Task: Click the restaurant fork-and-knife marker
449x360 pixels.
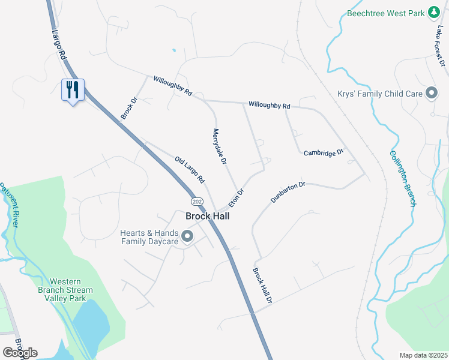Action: pyautogui.click(x=73, y=90)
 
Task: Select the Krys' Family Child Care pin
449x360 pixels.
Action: pyautogui.click(x=431, y=93)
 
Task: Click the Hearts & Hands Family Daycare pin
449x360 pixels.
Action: pyautogui.click(x=187, y=236)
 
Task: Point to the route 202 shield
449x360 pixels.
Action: pyautogui.click(x=196, y=200)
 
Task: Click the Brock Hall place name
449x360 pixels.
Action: pyautogui.click(x=207, y=216)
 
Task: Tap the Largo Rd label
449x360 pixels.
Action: pyautogui.click(x=58, y=43)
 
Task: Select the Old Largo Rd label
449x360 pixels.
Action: pyautogui.click(x=190, y=170)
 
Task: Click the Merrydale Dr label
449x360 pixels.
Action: pyautogui.click(x=219, y=146)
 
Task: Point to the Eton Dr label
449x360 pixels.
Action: pyautogui.click(x=237, y=198)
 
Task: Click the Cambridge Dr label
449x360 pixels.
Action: pyautogui.click(x=323, y=152)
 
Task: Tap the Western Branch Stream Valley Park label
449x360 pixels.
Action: pyautogui.click(x=71, y=290)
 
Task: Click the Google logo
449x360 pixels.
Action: pyautogui.click(x=20, y=353)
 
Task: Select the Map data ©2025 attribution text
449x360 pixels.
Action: pyautogui.click(x=424, y=355)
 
